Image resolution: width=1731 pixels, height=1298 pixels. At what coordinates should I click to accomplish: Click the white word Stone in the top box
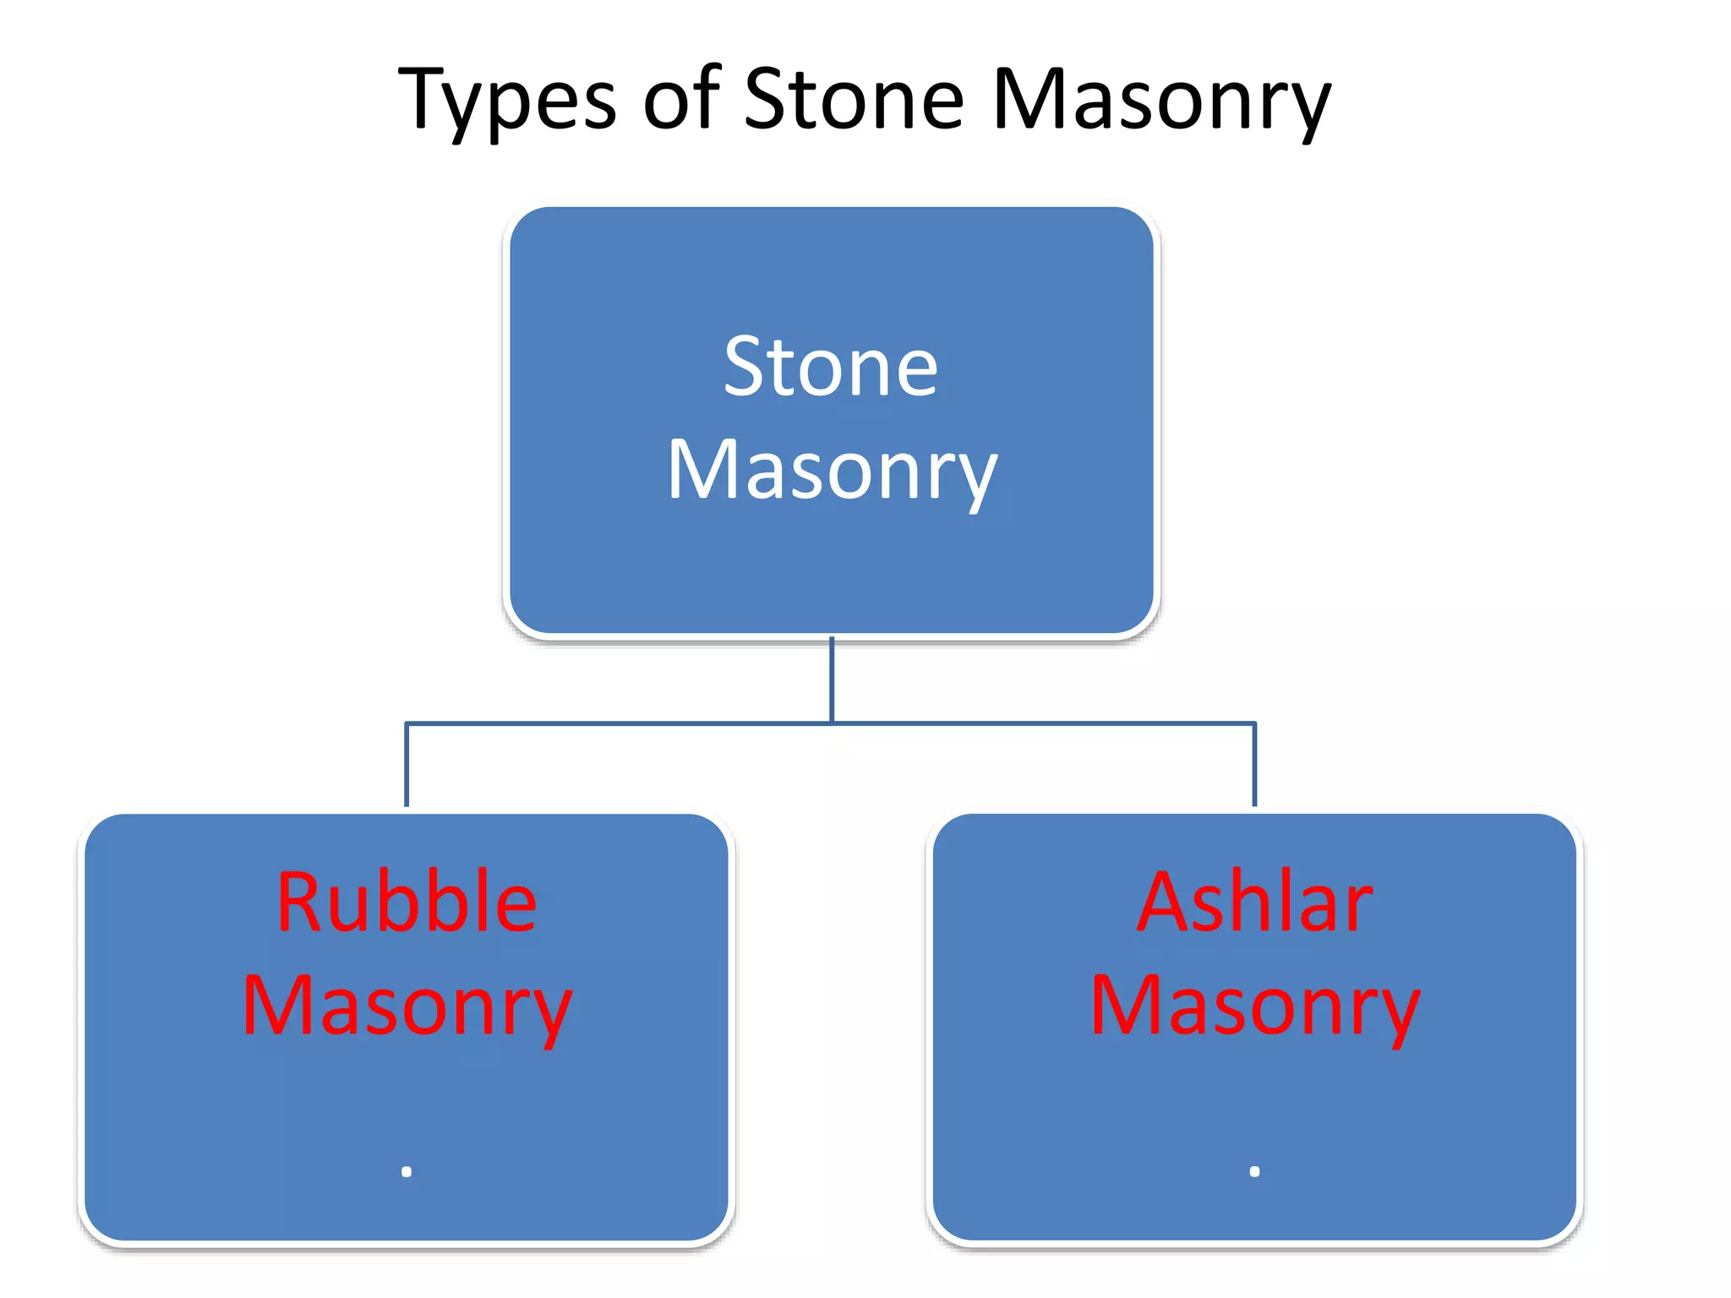[831, 367]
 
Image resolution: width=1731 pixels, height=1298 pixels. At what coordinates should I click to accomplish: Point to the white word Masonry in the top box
[833, 472]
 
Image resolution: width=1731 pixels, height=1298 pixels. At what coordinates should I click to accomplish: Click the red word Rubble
[407, 903]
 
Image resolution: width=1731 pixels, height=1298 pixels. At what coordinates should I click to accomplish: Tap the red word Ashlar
[1254, 903]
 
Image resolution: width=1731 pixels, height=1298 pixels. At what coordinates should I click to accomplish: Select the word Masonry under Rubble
[407, 1007]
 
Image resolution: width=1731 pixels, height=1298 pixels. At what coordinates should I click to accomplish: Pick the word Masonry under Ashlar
[1254, 1007]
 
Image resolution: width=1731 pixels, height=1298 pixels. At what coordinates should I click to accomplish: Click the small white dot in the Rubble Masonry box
[407, 1171]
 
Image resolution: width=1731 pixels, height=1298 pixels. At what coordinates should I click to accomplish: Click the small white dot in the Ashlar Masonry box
[1254, 1171]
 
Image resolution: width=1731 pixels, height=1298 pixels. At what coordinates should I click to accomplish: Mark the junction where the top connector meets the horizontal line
[832, 723]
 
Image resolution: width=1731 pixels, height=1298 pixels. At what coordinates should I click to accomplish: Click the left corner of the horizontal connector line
[407, 723]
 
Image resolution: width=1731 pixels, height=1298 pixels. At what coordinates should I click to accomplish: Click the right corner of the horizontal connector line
[1254, 723]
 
